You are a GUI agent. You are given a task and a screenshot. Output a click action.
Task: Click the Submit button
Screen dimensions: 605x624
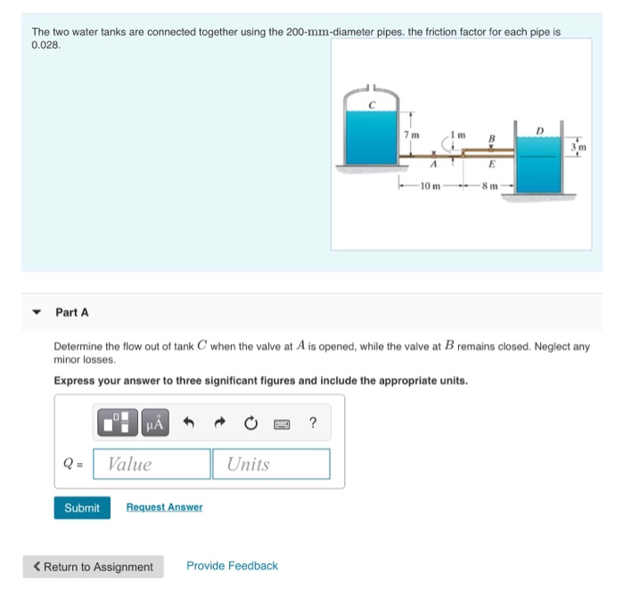pos(82,507)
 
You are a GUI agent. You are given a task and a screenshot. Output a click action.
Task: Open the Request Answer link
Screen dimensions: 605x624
pos(164,507)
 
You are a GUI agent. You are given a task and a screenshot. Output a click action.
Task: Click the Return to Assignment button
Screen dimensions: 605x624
pos(94,567)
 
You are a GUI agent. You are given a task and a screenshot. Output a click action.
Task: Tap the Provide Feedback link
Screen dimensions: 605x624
pos(232,566)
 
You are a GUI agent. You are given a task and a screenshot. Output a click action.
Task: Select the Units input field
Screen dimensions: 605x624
pos(270,464)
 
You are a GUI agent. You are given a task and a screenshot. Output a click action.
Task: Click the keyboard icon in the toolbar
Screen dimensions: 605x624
pos(281,424)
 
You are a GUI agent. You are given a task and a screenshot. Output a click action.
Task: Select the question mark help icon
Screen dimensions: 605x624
pos(312,424)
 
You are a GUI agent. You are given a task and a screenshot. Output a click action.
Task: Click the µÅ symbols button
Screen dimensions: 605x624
pos(154,424)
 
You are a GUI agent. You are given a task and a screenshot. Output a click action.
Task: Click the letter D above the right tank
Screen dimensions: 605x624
pos(538,130)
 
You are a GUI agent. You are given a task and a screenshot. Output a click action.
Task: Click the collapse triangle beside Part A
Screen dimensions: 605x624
pos(37,313)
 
